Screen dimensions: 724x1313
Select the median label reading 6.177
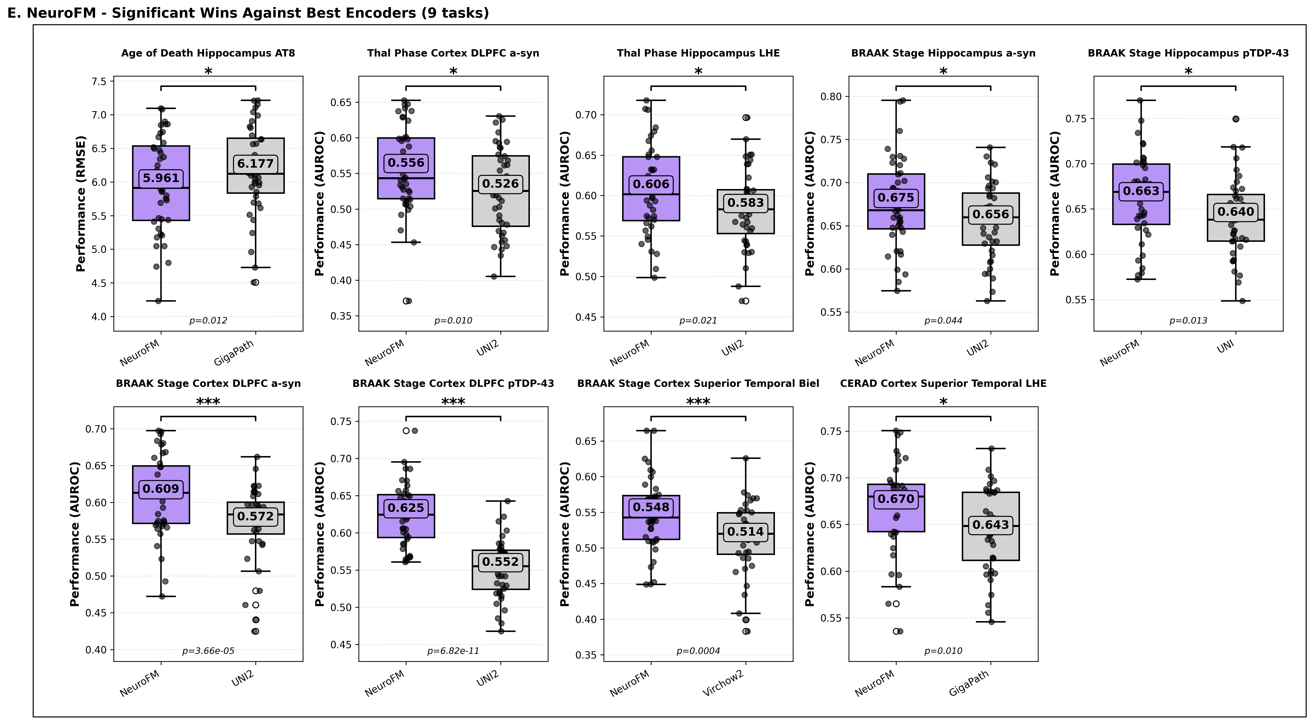click(x=255, y=164)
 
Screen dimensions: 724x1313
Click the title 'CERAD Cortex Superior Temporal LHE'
click(x=943, y=383)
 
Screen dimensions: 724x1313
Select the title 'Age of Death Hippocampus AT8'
click(x=208, y=53)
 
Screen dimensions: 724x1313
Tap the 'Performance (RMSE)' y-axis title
click(x=81, y=203)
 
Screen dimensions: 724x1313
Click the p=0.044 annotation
click(x=943, y=321)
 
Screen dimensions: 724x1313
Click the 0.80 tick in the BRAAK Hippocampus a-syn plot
click(x=831, y=96)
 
